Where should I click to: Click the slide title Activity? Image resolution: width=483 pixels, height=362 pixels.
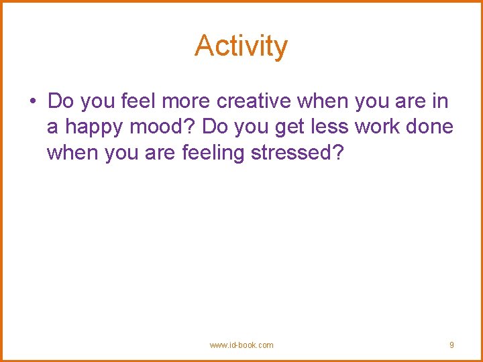pos(241,46)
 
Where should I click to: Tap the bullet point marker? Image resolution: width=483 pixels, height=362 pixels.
pos(32,102)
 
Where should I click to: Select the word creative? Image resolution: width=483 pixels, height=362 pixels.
pos(255,101)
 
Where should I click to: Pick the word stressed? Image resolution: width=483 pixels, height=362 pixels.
pos(297,153)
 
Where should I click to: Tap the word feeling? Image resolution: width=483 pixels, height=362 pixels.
pos(213,154)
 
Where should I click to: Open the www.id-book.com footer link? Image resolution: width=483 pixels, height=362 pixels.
pos(241,345)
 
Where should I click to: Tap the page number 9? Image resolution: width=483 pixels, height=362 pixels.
pos(451,345)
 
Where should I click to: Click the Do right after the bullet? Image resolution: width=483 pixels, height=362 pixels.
pos(60,101)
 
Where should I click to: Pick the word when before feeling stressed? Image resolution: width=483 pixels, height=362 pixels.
pos(72,153)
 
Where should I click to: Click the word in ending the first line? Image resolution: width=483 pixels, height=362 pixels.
pos(441,101)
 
